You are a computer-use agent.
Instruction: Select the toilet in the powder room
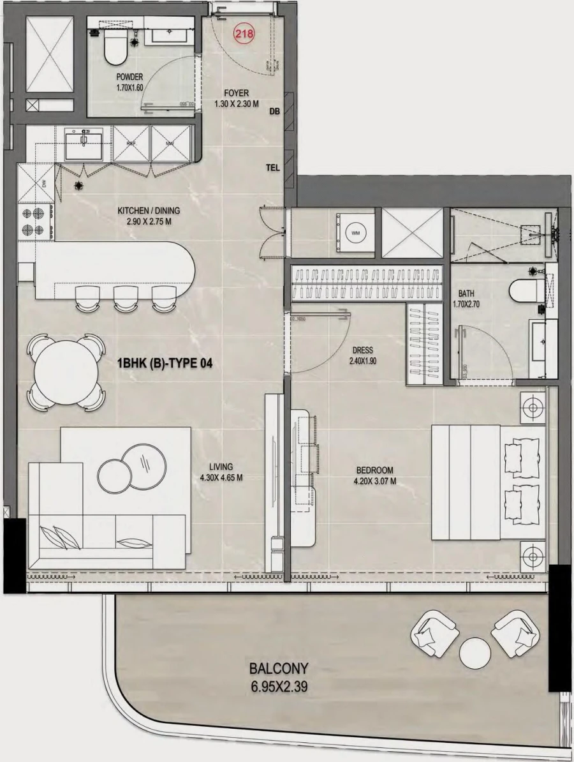[115, 49]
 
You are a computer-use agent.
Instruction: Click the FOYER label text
[237, 93]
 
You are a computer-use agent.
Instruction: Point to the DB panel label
[275, 112]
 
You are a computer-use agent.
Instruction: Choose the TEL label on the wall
[274, 168]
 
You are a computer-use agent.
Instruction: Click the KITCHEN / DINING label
[149, 211]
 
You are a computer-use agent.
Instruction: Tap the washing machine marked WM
[355, 234]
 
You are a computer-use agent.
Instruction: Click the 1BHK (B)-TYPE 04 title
[164, 364]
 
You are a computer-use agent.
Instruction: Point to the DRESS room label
[362, 350]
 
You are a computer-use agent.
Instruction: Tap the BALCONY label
[279, 669]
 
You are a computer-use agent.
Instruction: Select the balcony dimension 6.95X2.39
[279, 689]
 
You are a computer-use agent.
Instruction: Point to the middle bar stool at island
[124, 298]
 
